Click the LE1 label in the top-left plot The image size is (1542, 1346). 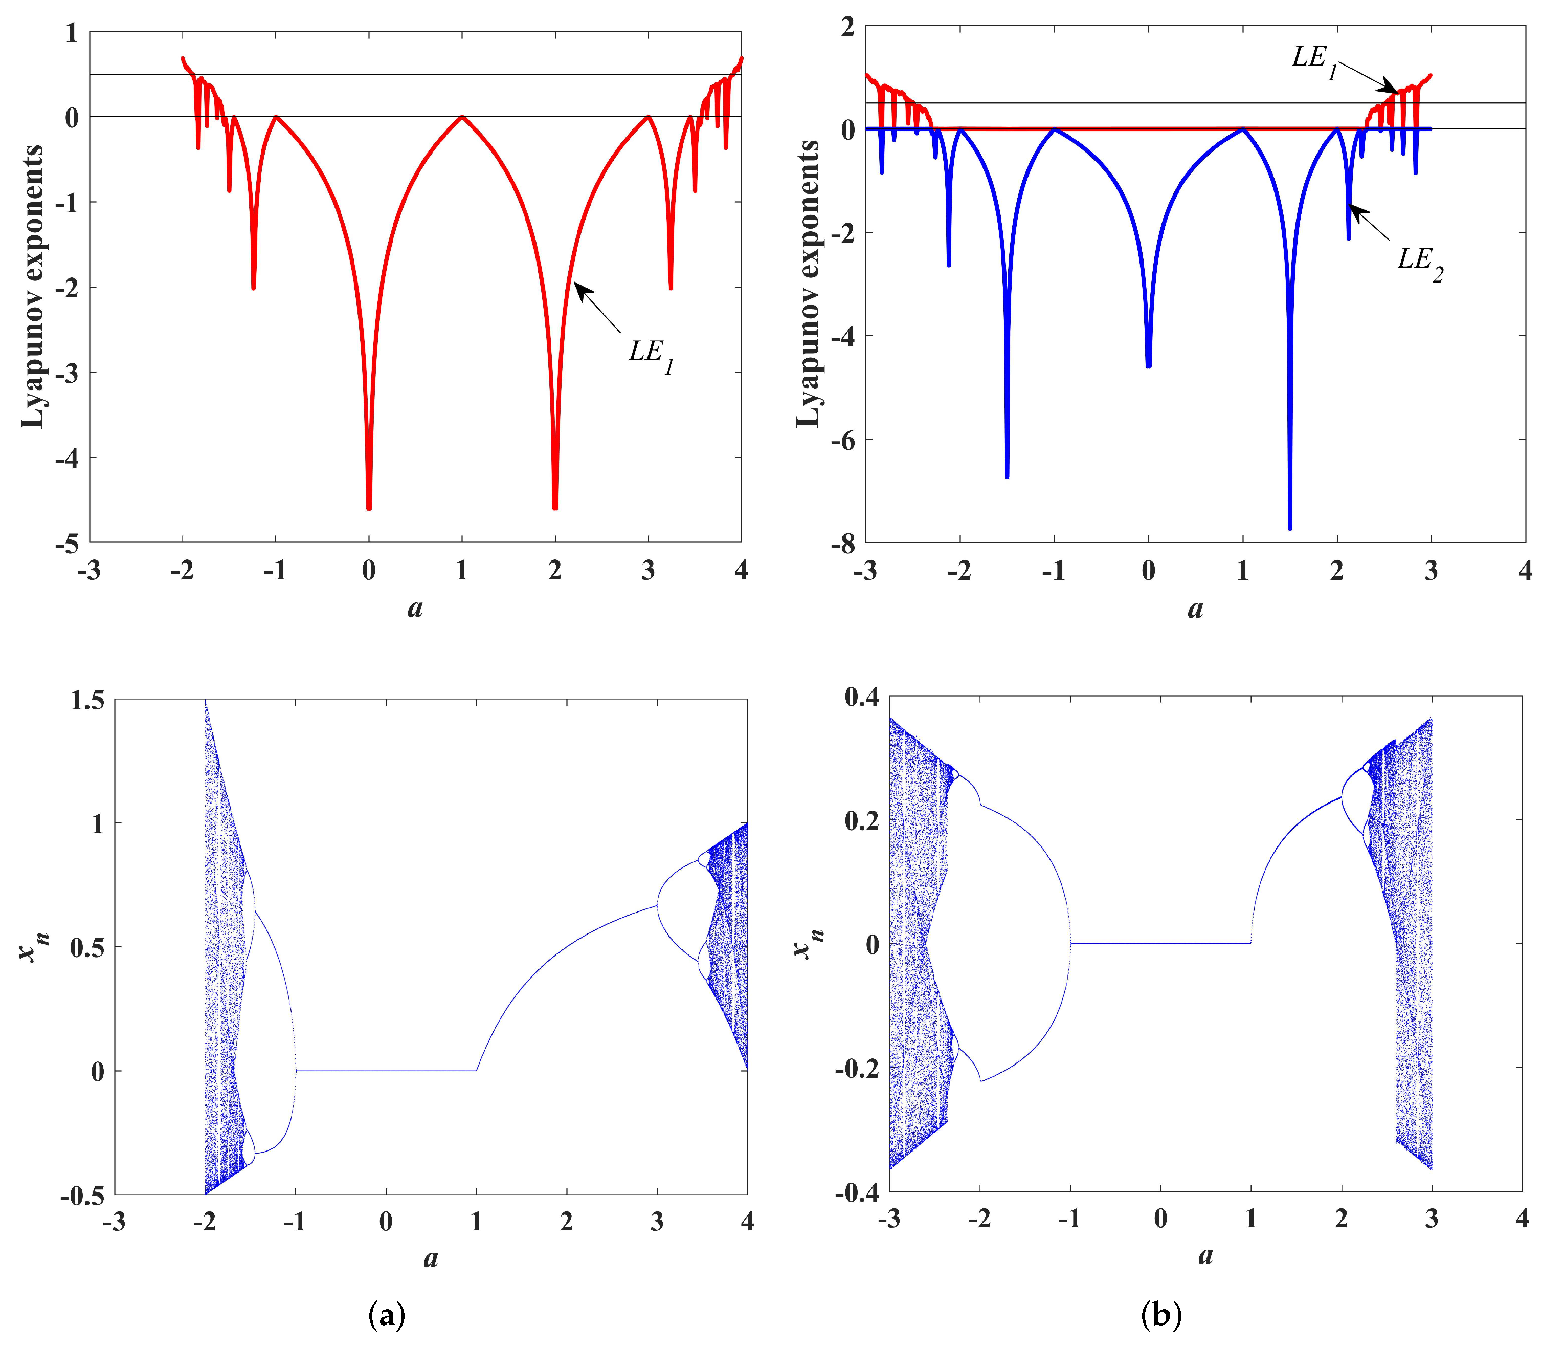(x=650, y=355)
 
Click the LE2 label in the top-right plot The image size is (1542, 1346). (x=1419, y=263)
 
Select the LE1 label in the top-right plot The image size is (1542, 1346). (x=1314, y=60)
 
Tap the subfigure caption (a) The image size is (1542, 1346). (x=387, y=1314)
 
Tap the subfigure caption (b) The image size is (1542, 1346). (x=1160, y=1314)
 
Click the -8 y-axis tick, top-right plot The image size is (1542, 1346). (x=842, y=543)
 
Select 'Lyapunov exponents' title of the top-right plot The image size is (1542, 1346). (x=809, y=284)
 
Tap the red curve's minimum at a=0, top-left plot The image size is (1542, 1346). (x=369, y=509)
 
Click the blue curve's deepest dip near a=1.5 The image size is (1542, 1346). (x=1290, y=528)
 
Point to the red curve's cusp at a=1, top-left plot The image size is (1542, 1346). (x=462, y=117)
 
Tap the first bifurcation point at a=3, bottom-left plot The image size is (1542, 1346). (x=658, y=904)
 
